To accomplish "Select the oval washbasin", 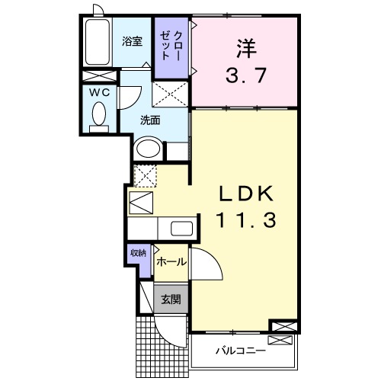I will tap(147, 148).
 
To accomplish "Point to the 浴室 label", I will tap(133, 42).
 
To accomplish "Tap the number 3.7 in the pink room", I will tap(243, 75).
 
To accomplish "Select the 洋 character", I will tap(244, 48).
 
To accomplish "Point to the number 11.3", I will tap(244, 220).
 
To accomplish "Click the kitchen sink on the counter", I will tap(181, 229).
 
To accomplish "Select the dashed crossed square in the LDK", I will tap(144, 174).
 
